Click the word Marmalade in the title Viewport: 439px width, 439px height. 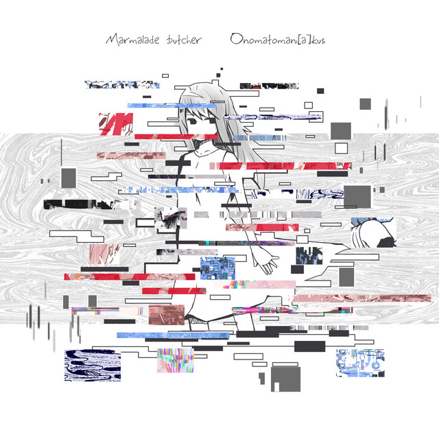[x=132, y=40]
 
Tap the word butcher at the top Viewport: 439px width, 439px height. [x=184, y=40]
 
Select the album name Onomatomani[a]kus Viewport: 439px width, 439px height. [x=277, y=40]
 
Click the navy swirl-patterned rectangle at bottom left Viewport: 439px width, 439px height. [x=93, y=365]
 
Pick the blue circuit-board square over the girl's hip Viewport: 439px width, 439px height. [x=218, y=268]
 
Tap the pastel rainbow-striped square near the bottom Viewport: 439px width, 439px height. [x=176, y=360]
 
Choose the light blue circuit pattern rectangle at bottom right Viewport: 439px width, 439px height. [x=360, y=363]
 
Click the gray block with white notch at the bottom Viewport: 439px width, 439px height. [x=285, y=379]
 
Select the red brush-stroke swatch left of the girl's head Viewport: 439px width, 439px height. [x=116, y=124]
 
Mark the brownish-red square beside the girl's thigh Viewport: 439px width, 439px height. [x=167, y=315]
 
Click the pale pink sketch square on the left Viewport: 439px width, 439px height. [x=104, y=254]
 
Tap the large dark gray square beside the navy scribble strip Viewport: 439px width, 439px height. [x=357, y=197]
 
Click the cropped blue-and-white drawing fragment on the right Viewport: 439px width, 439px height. [x=374, y=233]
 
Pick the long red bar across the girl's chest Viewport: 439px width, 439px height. [x=281, y=166]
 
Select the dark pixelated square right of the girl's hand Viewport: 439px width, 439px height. [x=309, y=256]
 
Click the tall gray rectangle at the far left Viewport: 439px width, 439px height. [x=69, y=178]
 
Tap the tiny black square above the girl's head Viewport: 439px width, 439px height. [x=222, y=69]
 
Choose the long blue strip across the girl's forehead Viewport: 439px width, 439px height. [x=172, y=106]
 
